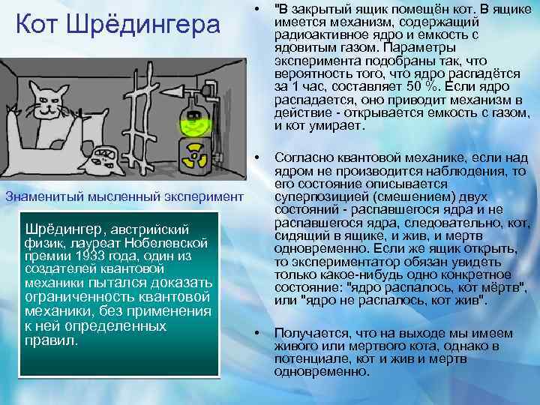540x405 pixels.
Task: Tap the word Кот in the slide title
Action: coord(42,25)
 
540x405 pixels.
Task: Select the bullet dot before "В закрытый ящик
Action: coord(257,10)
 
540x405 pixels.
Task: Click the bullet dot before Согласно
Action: coord(257,158)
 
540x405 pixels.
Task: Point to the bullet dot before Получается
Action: coord(257,331)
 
